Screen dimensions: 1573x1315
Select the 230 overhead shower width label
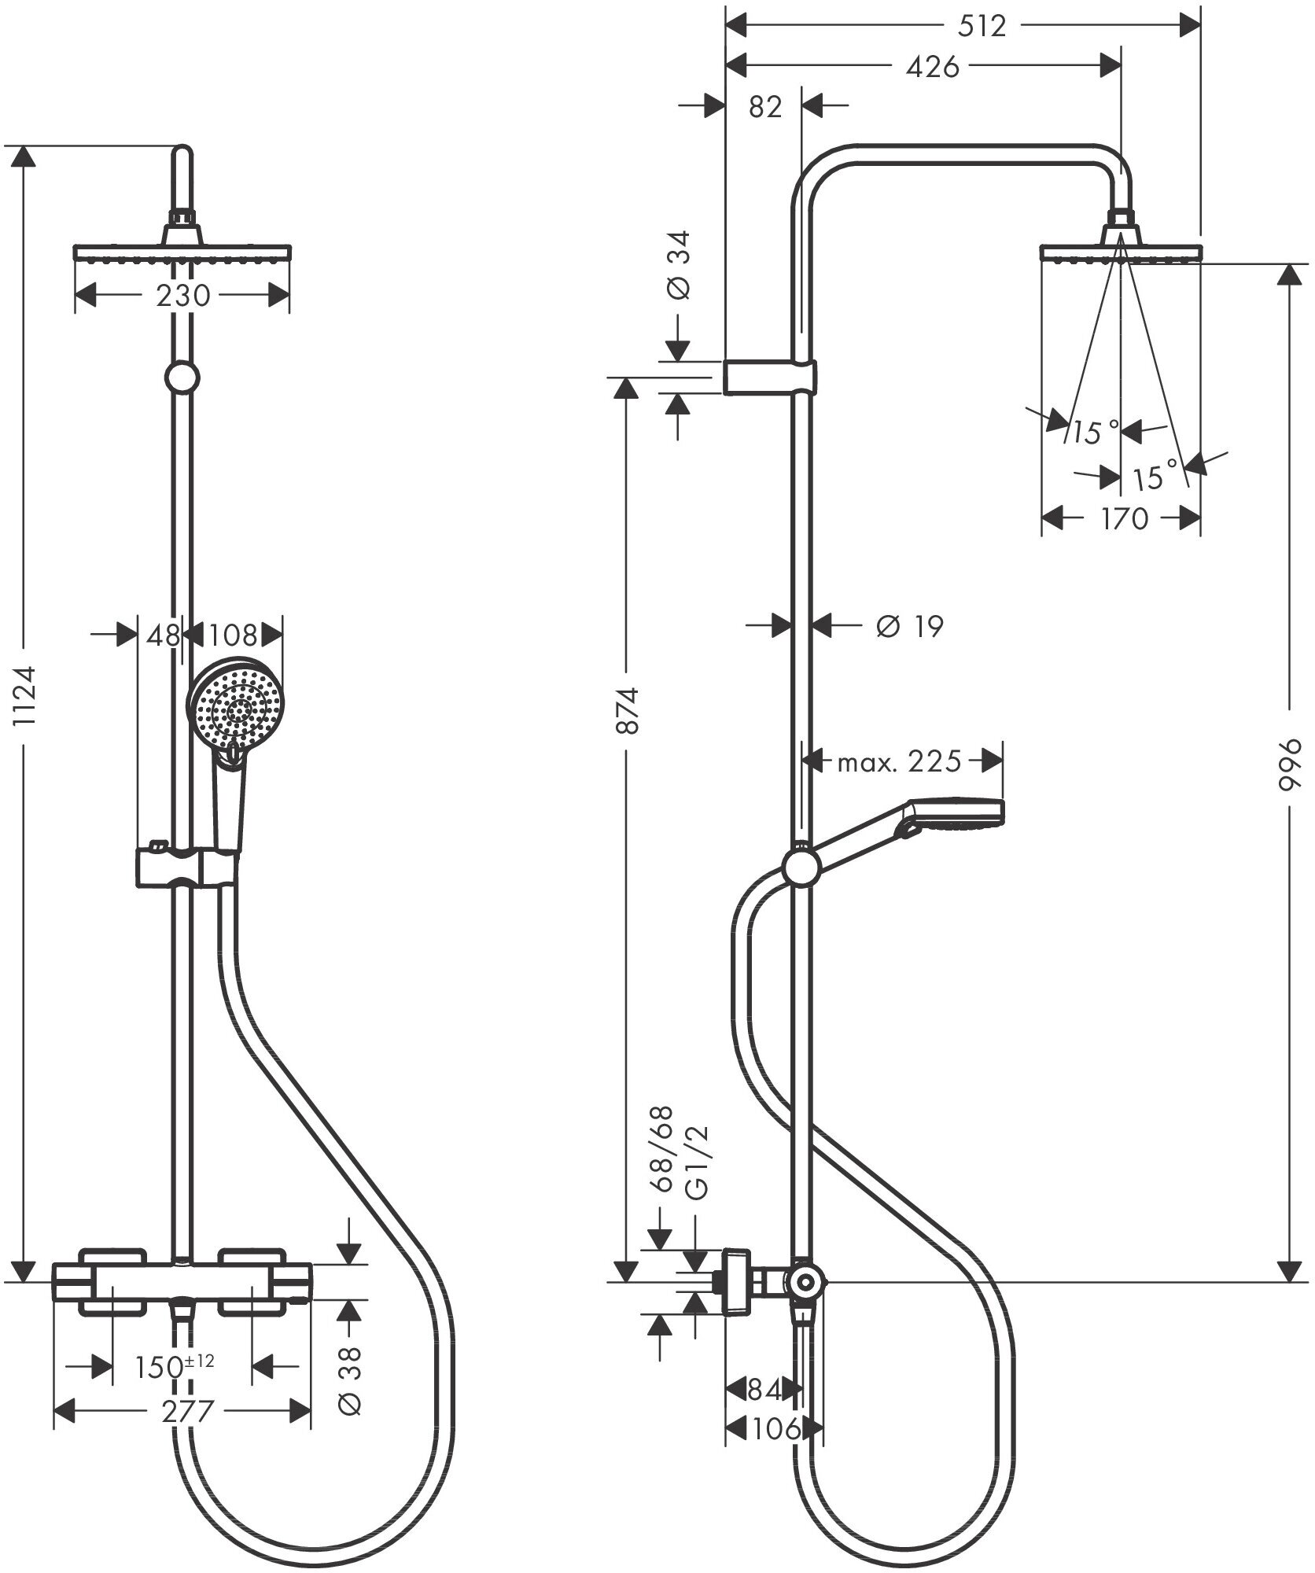[x=182, y=296]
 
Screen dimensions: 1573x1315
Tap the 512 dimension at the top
[x=982, y=27]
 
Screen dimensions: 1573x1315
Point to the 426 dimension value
[x=932, y=68]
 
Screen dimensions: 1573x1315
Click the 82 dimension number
[x=764, y=106]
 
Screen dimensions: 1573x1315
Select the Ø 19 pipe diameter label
[x=908, y=626]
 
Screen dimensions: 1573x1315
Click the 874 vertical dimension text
[x=626, y=710]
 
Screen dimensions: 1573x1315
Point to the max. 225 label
[x=899, y=761]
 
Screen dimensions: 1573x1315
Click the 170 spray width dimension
[x=1124, y=518]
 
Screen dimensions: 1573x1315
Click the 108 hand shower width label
[x=234, y=635]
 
